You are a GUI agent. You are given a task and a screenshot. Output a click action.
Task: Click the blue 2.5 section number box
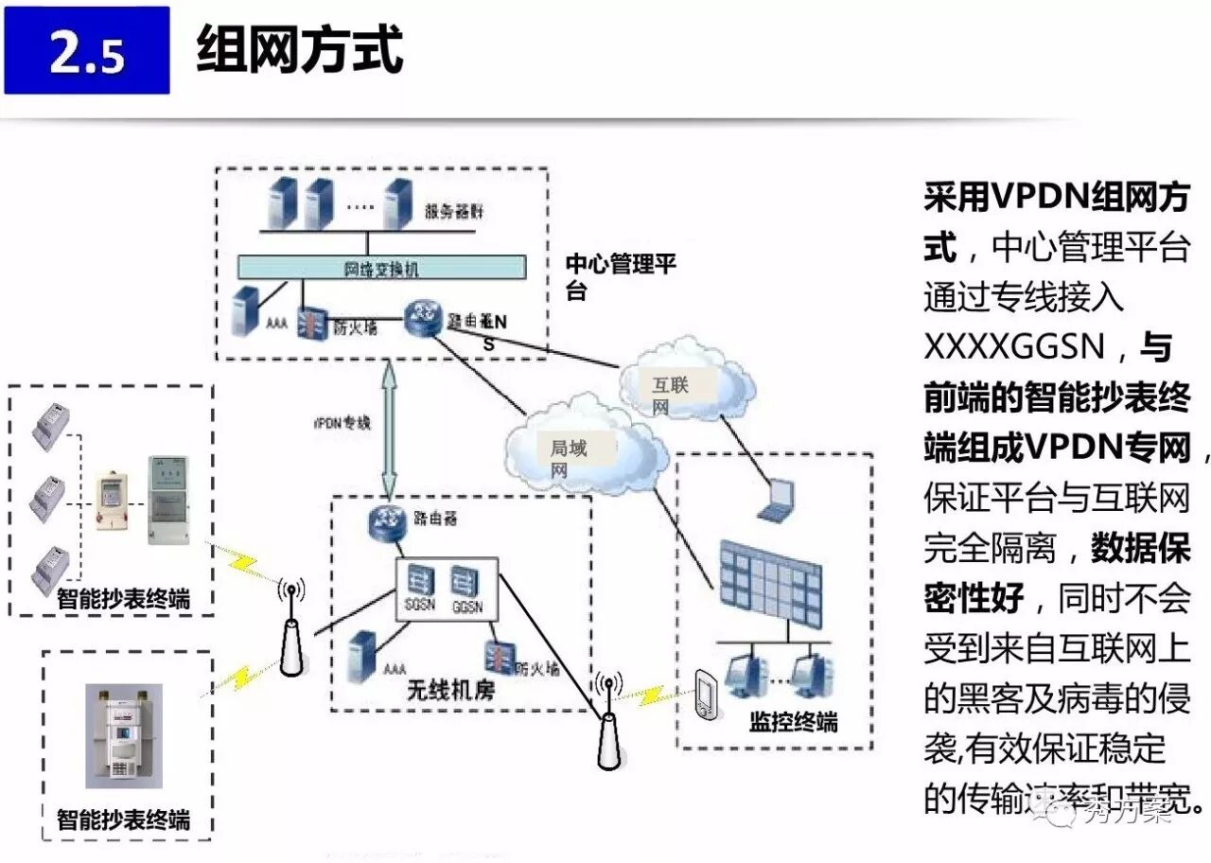click(86, 50)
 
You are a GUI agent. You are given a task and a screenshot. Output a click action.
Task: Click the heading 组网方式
click(300, 50)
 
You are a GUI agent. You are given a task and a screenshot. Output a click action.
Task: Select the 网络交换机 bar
click(380, 269)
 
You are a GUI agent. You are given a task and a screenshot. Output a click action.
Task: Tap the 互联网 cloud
click(686, 384)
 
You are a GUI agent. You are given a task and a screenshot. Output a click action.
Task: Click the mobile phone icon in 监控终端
click(705, 695)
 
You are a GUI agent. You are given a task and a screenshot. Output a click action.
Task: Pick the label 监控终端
click(793, 723)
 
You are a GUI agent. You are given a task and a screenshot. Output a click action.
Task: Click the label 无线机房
click(450, 693)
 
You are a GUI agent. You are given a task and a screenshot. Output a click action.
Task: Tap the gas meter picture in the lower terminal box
click(124, 736)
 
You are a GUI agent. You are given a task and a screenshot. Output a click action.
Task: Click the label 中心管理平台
click(620, 276)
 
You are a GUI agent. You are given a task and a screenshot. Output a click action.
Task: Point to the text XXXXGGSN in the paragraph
click(1014, 347)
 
